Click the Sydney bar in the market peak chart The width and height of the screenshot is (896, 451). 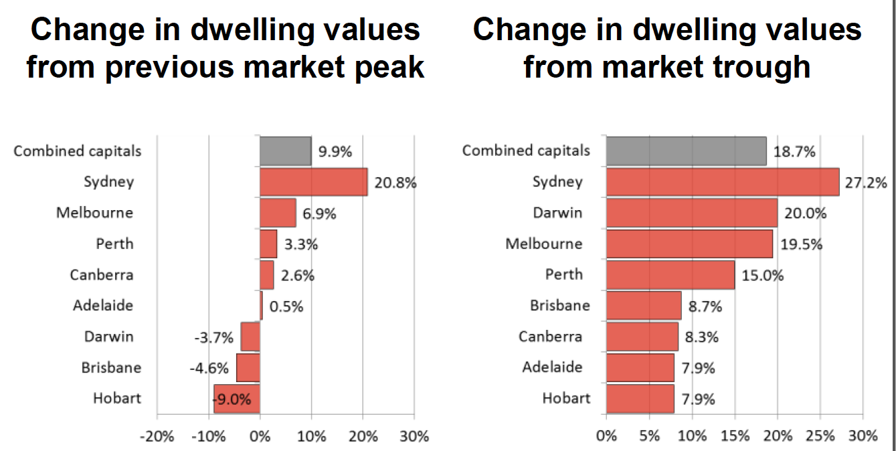click(x=313, y=182)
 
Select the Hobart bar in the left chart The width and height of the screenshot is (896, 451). click(x=236, y=399)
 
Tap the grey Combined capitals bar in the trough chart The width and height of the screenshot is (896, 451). click(x=686, y=151)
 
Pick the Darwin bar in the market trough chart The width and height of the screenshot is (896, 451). click(x=691, y=213)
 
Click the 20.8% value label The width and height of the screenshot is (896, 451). click(x=395, y=182)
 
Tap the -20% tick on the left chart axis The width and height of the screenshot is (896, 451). click(x=157, y=437)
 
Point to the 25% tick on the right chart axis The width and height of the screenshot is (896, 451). click(x=820, y=436)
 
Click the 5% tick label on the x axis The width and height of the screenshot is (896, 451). click(x=649, y=436)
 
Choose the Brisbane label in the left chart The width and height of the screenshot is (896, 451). click(x=111, y=367)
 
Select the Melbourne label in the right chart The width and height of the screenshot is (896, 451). click(x=543, y=244)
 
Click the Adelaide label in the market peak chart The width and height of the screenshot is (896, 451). click(x=103, y=306)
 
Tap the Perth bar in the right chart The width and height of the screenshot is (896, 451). click(x=670, y=275)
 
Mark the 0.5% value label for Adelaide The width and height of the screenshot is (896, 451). click(x=286, y=306)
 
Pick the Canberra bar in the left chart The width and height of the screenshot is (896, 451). click(x=266, y=275)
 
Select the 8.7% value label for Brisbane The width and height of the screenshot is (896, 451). click(x=702, y=306)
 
